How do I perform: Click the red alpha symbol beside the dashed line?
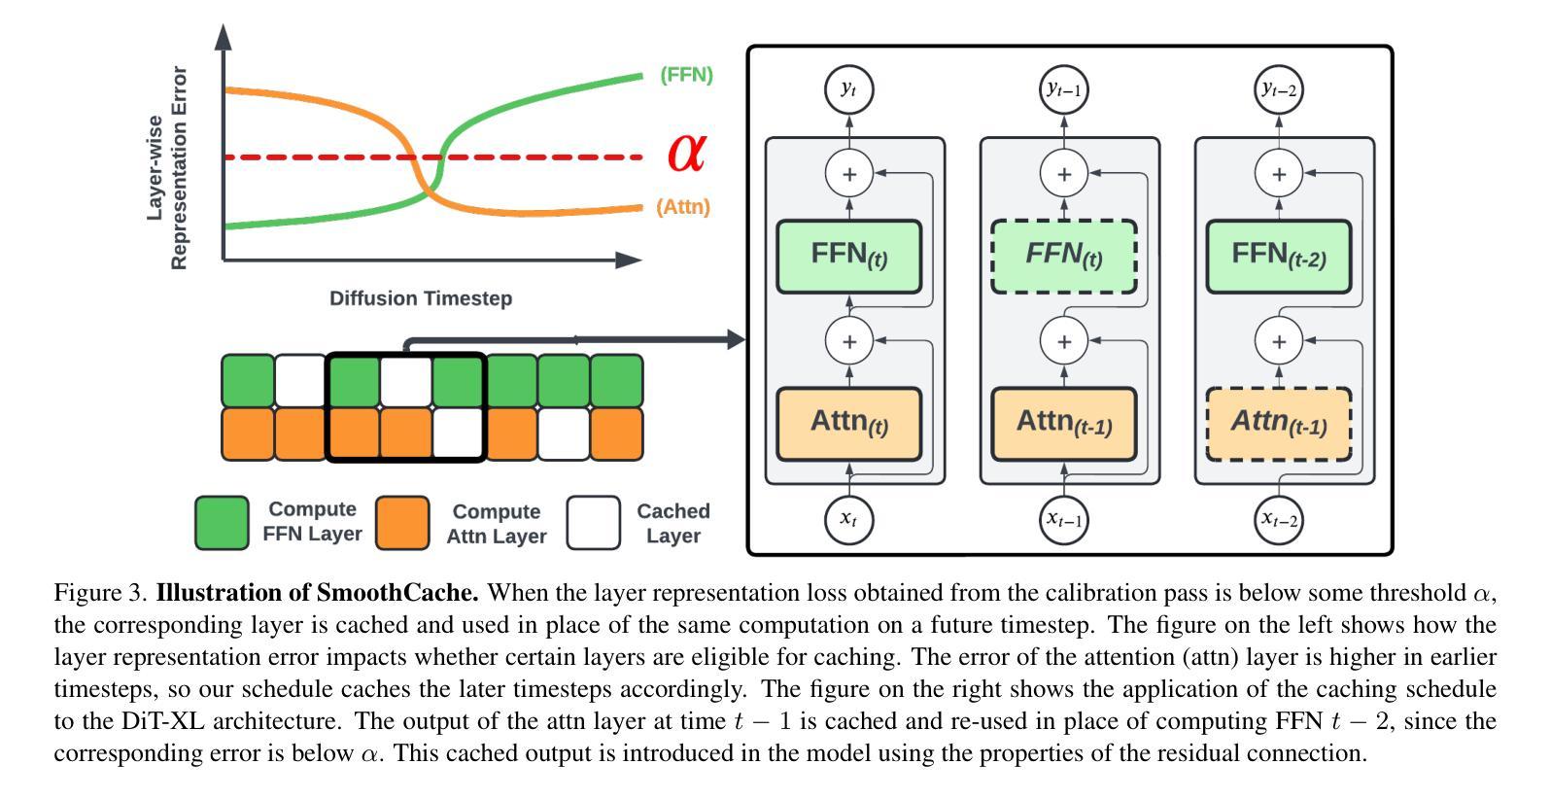[x=687, y=153]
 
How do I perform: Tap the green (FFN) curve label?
[x=686, y=75]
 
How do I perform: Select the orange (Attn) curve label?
[x=683, y=206]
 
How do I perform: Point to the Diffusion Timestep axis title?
[x=421, y=298]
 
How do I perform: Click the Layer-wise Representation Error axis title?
[x=167, y=167]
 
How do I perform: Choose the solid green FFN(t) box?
[x=849, y=257]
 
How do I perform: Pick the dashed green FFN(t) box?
[x=1064, y=257]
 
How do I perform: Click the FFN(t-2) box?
[x=1279, y=257]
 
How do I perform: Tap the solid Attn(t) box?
[x=849, y=424]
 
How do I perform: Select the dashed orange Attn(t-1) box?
[x=1279, y=424]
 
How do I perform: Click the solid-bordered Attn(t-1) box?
[x=1064, y=424]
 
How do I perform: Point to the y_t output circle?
[x=849, y=90]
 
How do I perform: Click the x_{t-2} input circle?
[x=1279, y=520]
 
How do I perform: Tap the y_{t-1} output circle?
[x=1064, y=90]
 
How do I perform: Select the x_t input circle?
[x=849, y=520]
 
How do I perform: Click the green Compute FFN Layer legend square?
[x=223, y=523]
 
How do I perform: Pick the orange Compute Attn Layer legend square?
[x=402, y=523]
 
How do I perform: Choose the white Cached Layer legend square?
[x=594, y=523]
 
